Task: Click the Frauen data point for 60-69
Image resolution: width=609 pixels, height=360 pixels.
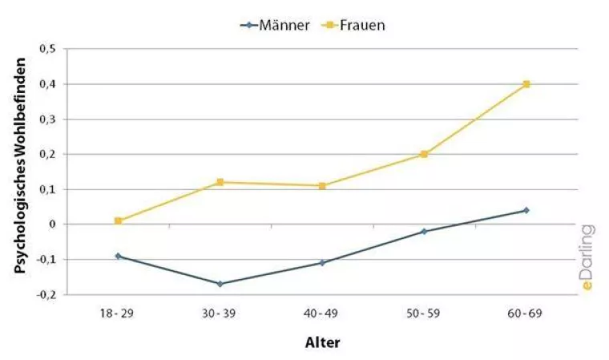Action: tap(526, 84)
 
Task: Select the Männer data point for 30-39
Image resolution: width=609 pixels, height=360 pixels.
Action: tap(220, 284)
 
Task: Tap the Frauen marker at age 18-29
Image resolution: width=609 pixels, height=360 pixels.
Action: tap(118, 220)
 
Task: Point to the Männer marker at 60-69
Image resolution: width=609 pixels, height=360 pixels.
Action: tap(526, 210)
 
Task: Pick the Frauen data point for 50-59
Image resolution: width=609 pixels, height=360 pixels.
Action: tap(424, 154)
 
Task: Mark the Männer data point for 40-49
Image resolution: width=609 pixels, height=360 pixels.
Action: tap(322, 262)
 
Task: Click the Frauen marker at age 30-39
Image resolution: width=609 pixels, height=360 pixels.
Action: tap(220, 182)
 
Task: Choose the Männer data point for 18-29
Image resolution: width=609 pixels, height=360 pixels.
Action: tap(118, 256)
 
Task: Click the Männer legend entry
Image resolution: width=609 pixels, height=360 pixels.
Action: tap(276, 25)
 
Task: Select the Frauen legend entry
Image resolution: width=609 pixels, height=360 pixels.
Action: tap(353, 25)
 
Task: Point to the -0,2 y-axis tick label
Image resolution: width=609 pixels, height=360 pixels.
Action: tap(46, 294)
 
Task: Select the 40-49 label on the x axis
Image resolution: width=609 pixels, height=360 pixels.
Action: tap(322, 313)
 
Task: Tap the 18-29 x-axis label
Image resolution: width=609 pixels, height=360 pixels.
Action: tap(118, 313)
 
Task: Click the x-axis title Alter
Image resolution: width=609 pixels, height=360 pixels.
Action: tap(322, 342)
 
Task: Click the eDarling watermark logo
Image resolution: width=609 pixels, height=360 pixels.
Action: tap(587, 257)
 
